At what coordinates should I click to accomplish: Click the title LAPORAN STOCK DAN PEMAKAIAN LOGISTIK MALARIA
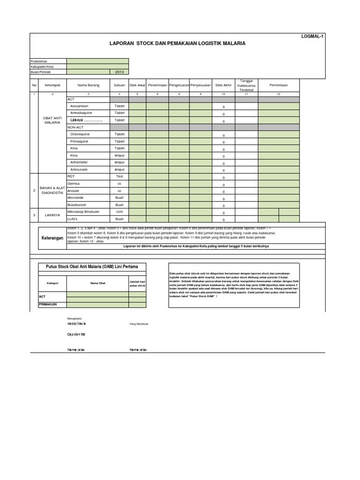pos(177,43)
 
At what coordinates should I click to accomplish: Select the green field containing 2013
pos(119,72)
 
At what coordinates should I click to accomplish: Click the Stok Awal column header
pos(137,85)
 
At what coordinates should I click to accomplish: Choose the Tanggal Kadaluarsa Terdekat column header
pos(246,85)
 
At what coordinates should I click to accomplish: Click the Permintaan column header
pos(278,85)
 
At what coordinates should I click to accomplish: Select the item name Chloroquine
pos(80,134)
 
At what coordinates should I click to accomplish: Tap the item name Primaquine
pos(79,141)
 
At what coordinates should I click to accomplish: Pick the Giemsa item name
pos(74,184)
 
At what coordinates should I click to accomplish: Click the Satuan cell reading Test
pos(119,176)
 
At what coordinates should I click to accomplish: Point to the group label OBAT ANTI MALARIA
pos(52,120)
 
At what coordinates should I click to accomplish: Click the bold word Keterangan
pos(52,238)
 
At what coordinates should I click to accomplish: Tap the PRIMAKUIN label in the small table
pos(47,304)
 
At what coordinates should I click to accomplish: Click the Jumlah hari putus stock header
pos(137,283)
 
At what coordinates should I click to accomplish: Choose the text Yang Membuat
pos(139,324)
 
